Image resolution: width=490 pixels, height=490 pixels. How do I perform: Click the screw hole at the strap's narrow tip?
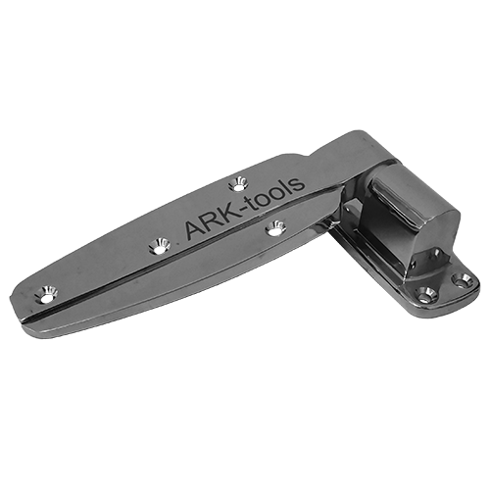(x=46, y=293)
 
